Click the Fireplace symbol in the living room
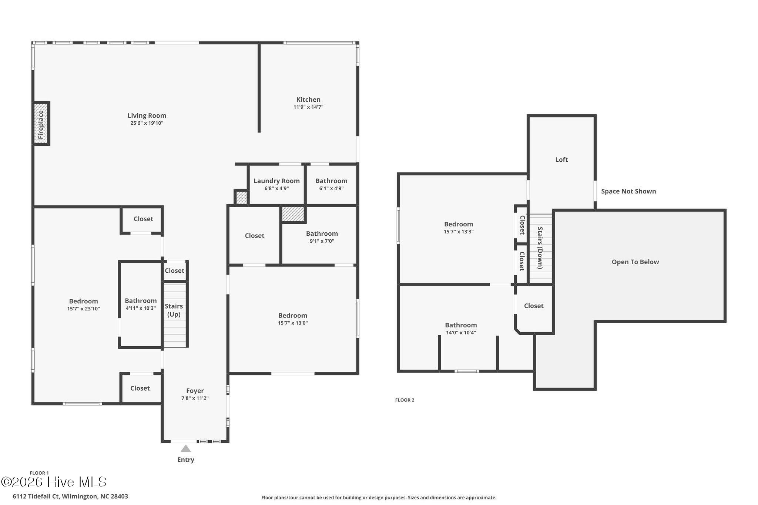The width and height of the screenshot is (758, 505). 41,124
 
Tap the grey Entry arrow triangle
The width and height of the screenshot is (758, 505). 185,448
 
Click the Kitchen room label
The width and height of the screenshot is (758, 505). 308,100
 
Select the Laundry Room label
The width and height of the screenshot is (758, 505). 276,181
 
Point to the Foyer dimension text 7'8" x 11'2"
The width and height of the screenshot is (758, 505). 195,398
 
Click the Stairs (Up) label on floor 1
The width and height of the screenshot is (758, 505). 174,310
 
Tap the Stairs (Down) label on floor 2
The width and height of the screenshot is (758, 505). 540,248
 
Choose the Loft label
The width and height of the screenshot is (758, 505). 561,159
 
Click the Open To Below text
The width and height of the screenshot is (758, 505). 635,262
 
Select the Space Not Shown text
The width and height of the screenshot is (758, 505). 628,191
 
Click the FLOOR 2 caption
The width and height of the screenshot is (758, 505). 405,400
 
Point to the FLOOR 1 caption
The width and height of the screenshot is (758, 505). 39,473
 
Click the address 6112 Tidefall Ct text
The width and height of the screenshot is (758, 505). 36,496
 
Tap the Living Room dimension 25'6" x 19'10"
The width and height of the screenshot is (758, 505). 147,123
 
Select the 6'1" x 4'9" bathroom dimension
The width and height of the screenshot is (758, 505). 331,188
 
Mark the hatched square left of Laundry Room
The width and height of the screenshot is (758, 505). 241,197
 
